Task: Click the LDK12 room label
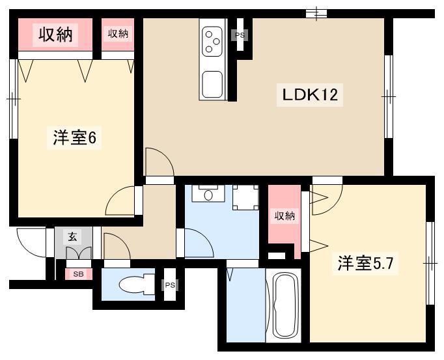(310, 95)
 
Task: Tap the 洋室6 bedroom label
(74, 138)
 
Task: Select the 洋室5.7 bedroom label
(365, 264)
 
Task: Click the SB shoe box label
(78, 274)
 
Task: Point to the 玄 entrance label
(72, 236)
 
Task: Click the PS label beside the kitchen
(240, 35)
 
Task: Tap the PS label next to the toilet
(170, 285)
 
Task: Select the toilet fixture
(137, 284)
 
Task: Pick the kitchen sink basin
(212, 84)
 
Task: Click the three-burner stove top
(212, 42)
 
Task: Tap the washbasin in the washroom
(208, 195)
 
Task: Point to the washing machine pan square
(245, 197)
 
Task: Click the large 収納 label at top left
(55, 35)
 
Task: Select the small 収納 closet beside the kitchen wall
(118, 35)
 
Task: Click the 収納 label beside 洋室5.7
(284, 216)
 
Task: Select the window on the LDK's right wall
(389, 96)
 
